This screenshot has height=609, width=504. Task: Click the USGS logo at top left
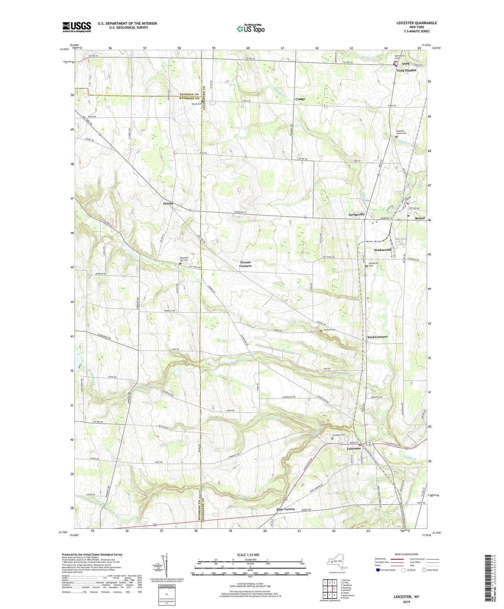pyautogui.click(x=77, y=27)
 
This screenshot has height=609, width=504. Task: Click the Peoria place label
pyautogui.click(x=167, y=203)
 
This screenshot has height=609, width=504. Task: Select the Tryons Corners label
pyautogui.click(x=245, y=264)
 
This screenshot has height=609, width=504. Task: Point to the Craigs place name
pyautogui.click(x=300, y=99)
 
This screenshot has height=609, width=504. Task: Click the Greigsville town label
pyautogui.click(x=356, y=214)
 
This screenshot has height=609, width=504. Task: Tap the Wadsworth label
pyautogui.click(x=383, y=250)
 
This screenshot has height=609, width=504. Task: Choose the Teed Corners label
pyautogui.click(x=377, y=337)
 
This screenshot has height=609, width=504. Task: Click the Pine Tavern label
pyautogui.click(x=285, y=509)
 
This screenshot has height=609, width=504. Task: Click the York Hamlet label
pyautogui.click(x=406, y=70)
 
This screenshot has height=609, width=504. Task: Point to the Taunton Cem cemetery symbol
pyautogui.click(x=321, y=330)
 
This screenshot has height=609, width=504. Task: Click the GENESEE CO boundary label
pyautogui.click(x=189, y=95)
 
